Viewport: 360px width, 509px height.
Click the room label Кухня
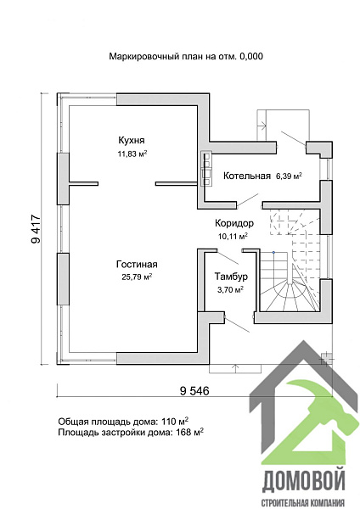pos(132,141)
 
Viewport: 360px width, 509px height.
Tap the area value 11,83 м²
pos(132,154)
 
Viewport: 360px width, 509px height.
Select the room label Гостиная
pos(137,264)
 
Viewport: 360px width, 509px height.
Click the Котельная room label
pos(246,176)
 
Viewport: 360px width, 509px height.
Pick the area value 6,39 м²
pos(289,176)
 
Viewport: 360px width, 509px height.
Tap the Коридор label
pos(234,223)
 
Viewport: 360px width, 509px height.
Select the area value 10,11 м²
pos(233,236)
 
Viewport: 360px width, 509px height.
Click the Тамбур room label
pos(231,277)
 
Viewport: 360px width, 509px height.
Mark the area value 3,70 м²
pos(231,289)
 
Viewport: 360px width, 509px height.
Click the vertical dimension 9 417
pos(36,229)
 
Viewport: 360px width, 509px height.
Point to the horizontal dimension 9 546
pos(194,391)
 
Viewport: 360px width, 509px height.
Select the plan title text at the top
pos(186,57)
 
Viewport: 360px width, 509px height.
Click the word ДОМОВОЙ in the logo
pos(303,481)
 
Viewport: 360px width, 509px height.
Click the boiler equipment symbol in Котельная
pos(206,168)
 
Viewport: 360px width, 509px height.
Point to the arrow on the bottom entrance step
pos(235,369)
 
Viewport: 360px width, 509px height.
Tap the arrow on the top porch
pos(262,124)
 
